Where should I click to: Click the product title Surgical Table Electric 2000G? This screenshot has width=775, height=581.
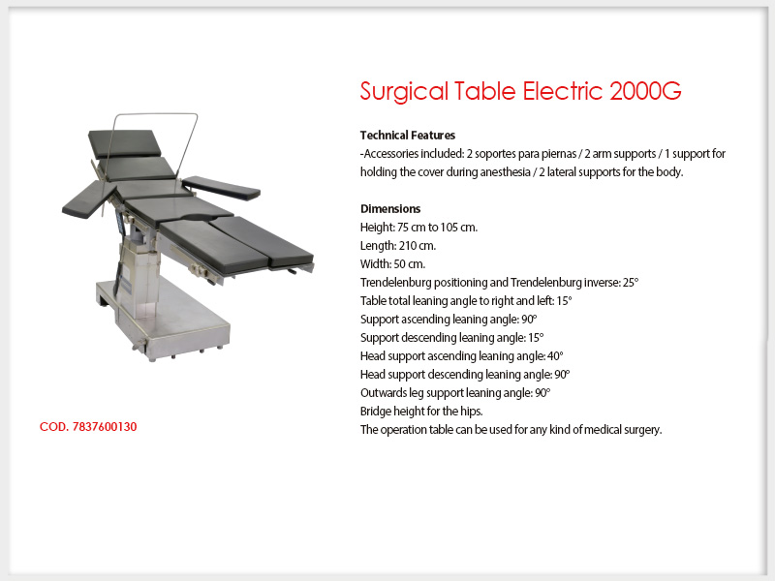click(520, 91)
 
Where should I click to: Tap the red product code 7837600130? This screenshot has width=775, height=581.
click(88, 426)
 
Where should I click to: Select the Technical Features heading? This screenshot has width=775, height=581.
click(408, 135)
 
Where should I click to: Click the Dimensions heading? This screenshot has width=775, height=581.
click(390, 208)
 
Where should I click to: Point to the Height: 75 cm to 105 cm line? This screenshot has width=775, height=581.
click(418, 228)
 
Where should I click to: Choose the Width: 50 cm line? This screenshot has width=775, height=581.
click(392, 263)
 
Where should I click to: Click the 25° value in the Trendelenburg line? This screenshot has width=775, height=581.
click(631, 282)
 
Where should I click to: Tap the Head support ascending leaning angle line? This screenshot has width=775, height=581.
click(462, 355)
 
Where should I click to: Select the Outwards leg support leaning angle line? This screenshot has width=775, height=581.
click(455, 393)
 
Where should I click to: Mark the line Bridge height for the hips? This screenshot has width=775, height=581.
click(421, 411)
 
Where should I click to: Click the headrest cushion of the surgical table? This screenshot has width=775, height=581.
click(125, 143)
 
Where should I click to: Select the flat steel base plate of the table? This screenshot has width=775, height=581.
click(163, 317)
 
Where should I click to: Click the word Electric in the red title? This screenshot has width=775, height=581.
click(563, 91)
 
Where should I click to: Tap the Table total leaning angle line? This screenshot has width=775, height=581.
click(466, 301)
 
